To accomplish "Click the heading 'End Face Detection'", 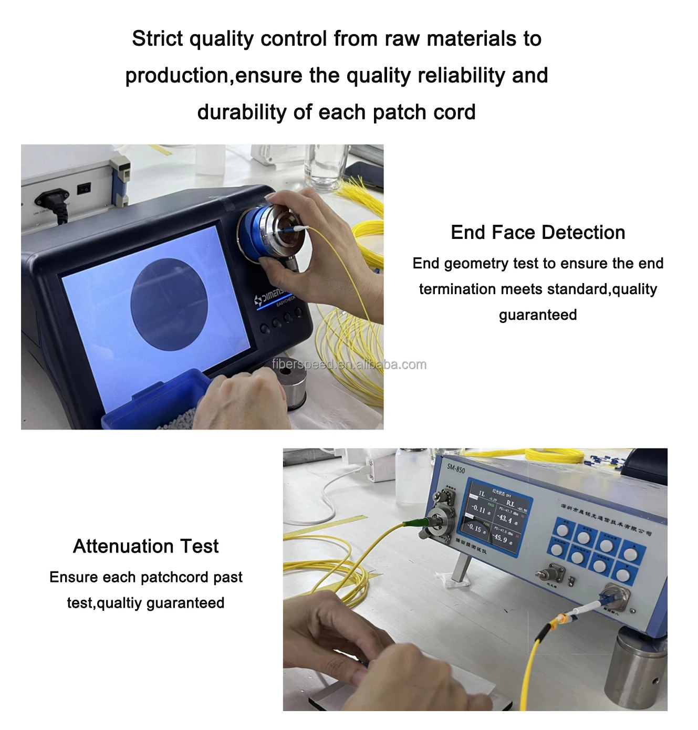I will [537, 232].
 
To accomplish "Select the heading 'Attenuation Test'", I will [145, 546].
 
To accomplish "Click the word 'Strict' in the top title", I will [157, 39].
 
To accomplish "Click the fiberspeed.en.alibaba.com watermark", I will [349, 364].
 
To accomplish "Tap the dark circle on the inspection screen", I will [169, 304].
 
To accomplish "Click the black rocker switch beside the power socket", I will [84, 187].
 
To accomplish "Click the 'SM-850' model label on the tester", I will [455, 468].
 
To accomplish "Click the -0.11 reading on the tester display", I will [478, 509].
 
